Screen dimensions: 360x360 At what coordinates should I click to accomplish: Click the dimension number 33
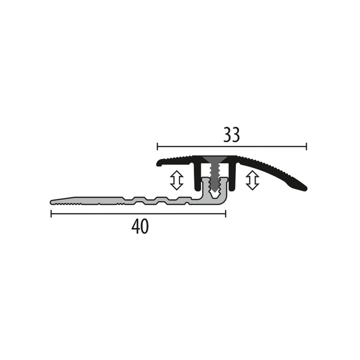pos(232,135)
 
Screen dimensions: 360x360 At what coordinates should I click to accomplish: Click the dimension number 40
pos(140,227)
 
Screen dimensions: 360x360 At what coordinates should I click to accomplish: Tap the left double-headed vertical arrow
pos(176,180)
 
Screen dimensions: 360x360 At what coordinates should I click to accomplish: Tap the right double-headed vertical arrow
pos(253,180)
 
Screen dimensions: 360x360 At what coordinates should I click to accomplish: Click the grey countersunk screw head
pos(215,160)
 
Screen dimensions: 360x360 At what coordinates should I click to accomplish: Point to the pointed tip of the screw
pos(215,191)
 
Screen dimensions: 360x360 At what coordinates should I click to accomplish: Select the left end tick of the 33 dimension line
pos(157,146)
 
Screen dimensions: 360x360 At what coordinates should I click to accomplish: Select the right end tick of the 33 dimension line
pos(307,146)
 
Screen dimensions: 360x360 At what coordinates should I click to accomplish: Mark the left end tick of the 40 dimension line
pos(51,214)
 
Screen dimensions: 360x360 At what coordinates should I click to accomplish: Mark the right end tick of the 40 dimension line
pos(226,214)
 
